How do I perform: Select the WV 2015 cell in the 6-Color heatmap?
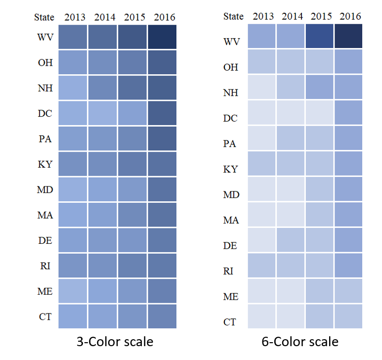[320, 36]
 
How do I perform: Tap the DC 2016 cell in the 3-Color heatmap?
[162, 113]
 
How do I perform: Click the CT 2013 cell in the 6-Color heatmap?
[262, 316]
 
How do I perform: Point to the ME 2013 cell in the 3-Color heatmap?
[73, 291]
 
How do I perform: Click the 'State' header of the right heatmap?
[233, 16]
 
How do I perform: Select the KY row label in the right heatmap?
[231, 169]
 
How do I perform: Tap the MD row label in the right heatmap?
[231, 195]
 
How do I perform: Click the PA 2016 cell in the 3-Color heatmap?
[162, 139]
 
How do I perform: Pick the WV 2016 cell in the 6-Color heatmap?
[349, 36]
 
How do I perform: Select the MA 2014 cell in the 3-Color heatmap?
[103, 215]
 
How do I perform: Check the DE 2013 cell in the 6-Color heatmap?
[262, 240]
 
